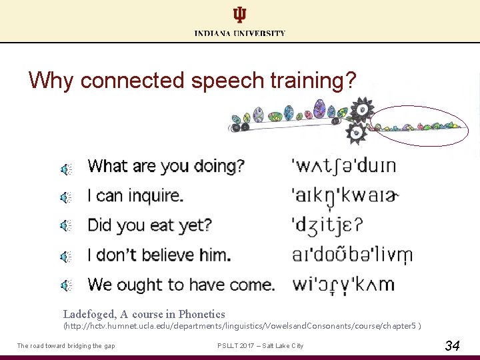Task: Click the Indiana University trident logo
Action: [x=239, y=15]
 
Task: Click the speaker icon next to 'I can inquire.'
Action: [x=66, y=197]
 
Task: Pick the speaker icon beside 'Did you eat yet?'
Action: [x=66, y=226]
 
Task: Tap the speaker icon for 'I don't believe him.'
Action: [x=66, y=255]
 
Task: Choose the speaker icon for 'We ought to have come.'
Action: [x=66, y=285]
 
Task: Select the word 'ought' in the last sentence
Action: [x=141, y=285]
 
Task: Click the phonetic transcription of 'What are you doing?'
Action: [x=344, y=166]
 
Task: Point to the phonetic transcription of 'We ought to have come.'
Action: [x=343, y=285]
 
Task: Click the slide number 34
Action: [x=451, y=345]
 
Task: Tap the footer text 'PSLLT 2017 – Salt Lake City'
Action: [x=260, y=345]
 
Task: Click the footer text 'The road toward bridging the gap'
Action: [x=66, y=345]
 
